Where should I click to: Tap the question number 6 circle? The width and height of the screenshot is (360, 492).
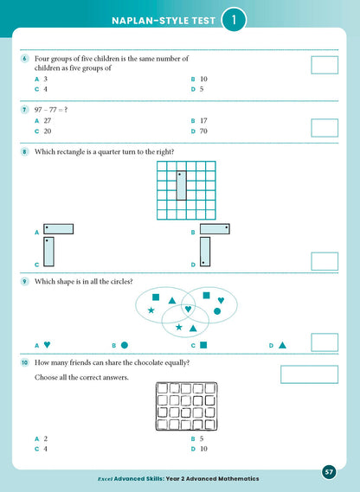click(x=24, y=58)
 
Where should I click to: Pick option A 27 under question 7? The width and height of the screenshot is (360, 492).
click(x=42, y=122)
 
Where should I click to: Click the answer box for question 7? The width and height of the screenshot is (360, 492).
click(x=325, y=127)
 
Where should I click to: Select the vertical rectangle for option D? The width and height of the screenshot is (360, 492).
click(x=205, y=251)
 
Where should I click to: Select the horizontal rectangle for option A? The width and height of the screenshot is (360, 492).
click(x=59, y=229)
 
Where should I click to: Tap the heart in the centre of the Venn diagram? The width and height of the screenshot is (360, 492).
click(x=188, y=309)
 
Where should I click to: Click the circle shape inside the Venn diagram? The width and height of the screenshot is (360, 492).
click(x=217, y=310)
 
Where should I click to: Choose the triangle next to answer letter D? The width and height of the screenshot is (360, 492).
click(x=282, y=345)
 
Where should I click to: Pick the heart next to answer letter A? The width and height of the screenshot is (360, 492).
click(x=47, y=345)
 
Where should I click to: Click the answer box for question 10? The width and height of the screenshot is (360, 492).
click(x=310, y=374)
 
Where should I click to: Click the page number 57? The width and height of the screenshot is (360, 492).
click(x=329, y=471)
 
